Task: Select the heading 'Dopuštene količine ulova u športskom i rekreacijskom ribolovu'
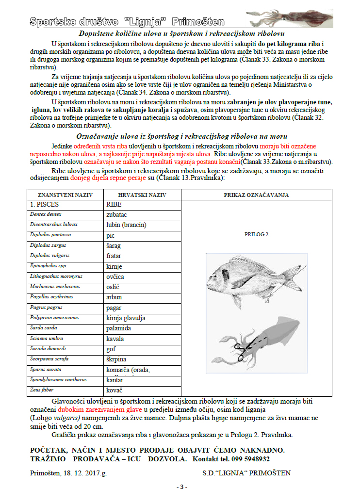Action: coord(181,33)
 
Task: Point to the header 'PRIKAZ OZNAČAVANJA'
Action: coord(256,195)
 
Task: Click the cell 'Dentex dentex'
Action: coord(46,214)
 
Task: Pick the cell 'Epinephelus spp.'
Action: coord(49,266)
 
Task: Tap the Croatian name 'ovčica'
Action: coord(115,276)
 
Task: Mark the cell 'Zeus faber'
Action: coord(42,390)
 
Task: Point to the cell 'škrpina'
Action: coord(116,359)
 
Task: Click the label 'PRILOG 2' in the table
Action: coord(257,234)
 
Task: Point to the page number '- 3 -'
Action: coord(181,487)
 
